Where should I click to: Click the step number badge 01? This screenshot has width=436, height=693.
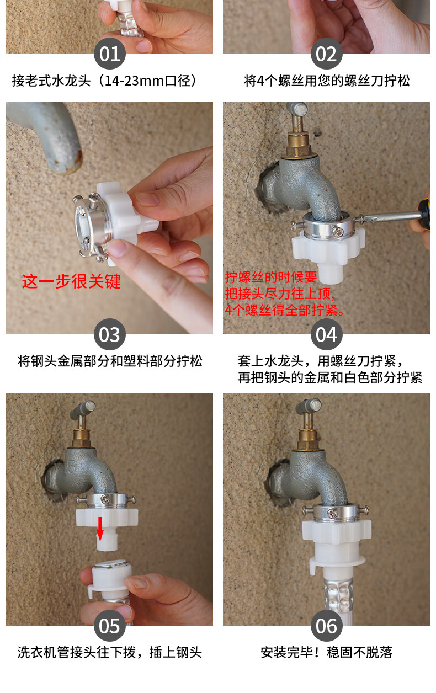pos(109,54)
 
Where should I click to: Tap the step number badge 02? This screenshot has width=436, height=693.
pos(326,54)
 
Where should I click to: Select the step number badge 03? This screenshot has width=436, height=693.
pos(109,334)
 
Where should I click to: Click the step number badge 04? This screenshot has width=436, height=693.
pos(326,334)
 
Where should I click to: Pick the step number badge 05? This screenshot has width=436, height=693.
pos(109,626)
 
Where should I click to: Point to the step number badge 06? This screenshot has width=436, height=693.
pos(326,626)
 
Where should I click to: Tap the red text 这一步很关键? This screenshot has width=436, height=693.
pos(71,281)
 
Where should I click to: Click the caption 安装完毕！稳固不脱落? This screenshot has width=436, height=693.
pos(326,653)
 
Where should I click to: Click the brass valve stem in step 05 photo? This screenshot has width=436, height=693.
pos(84,436)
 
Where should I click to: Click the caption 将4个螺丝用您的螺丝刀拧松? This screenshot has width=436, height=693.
pos(326,81)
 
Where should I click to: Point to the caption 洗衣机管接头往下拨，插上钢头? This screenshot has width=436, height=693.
pos(109,653)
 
